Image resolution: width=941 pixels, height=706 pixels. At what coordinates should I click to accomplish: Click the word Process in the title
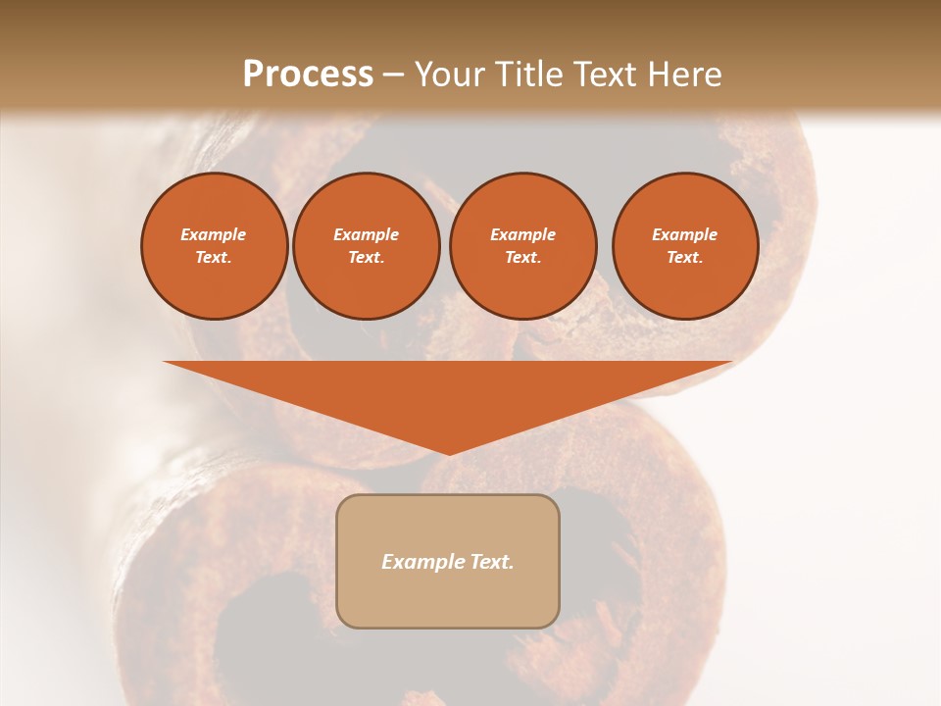pyautogui.click(x=308, y=75)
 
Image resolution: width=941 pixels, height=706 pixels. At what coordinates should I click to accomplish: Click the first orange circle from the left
pyautogui.click(x=214, y=246)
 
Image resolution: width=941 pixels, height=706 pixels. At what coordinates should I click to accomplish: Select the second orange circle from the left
pyautogui.click(x=366, y=246)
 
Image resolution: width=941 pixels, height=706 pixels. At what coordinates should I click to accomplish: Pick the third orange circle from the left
pyautogui.click(x=522, y=246)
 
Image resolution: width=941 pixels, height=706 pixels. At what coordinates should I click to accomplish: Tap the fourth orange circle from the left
pyautogui.click(x=684, y=246)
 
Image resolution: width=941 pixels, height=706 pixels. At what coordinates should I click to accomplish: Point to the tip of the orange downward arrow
pyautogui.click(x=449, y=454)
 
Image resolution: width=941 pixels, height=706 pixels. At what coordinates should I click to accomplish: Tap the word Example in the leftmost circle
pyautogui.click(x=214, y=235)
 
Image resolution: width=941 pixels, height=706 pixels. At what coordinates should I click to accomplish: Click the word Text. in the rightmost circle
pyautogui.click(x=684, y=258)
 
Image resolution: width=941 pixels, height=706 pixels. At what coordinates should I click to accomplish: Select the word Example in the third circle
pyautogui.click(x=522, y=235)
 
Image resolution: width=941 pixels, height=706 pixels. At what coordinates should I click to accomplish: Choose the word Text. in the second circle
pyautogui.click(x=366, y=258)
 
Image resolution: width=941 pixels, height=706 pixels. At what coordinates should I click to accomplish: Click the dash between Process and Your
pyautogui.click(x=393, y=75)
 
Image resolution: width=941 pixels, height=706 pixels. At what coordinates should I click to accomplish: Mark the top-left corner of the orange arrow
pyautogui.click(x=165, y=363)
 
